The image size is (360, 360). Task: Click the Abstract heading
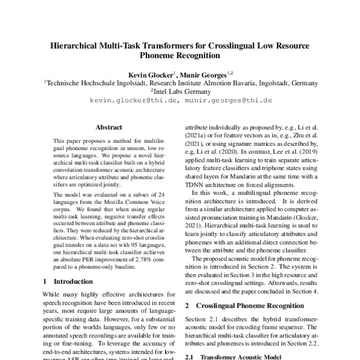pyautogui.click(x=109, y=127)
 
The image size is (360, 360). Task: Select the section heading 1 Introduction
pyautogui.click(x=65, y=281)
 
